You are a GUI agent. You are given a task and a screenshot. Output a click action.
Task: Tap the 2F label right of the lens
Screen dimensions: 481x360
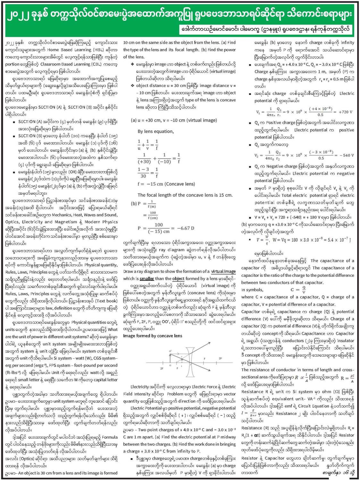click(x=220, y=358)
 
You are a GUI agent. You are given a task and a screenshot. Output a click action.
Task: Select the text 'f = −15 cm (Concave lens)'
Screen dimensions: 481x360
click(x=166, y=184)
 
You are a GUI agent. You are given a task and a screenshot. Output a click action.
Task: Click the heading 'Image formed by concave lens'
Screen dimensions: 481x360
click(x=153, y=336)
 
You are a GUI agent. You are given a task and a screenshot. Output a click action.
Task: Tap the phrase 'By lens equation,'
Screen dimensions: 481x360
click(x=155, y=131)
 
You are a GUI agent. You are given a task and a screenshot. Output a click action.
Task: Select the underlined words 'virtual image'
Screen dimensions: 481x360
click(x=223, y=271)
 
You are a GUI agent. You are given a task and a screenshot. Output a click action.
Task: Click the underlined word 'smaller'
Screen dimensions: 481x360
click(x=147, y=279)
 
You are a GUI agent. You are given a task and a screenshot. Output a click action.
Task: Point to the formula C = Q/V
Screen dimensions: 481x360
click(x=298, y=290)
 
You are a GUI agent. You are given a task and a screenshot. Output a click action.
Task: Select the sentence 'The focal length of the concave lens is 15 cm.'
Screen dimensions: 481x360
click(x=185, y=195)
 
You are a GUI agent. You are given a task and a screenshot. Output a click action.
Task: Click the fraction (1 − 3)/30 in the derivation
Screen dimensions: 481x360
click(x=143, y=173)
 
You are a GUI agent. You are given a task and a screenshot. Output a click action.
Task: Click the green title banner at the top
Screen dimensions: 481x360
click(x=180, y=14)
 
